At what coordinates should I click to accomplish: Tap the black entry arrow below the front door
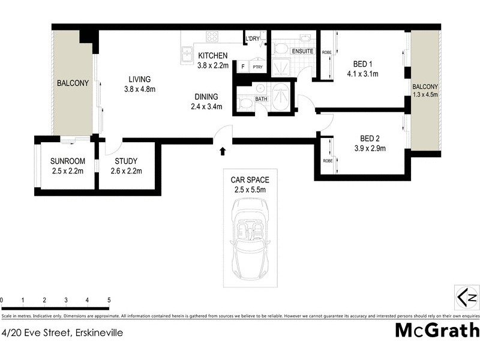(223, 151)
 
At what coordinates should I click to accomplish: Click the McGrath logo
(436, 331)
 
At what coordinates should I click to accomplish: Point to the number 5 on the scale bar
(109, 300)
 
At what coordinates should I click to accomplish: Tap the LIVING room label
(139, 79)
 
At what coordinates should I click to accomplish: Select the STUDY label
(126, 161)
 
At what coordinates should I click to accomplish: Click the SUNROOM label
(67, 161)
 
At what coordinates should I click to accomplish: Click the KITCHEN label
(213, 56)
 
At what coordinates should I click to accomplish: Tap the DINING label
(206, 97)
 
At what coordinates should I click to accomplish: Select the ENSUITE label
(302, 52)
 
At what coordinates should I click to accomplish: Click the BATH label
(261, 98)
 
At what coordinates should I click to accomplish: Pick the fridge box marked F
(244, 67)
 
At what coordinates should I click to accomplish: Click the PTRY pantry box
(257, 67)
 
